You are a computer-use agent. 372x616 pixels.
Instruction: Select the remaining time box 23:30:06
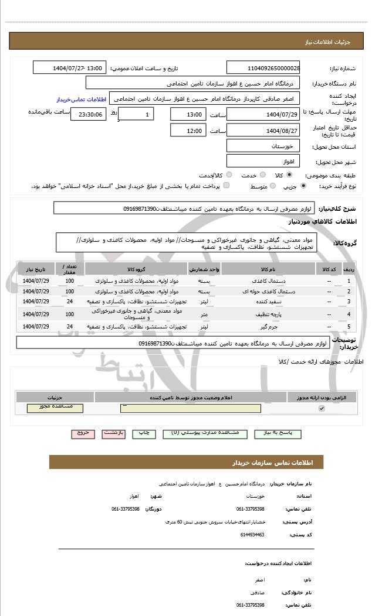pyautogui.click(x=88, y=114)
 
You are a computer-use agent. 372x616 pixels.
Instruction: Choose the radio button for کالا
pyautogui.click(x=289, y=174)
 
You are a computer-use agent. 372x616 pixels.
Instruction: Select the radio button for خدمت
pyautogui.click(x=262, y=174)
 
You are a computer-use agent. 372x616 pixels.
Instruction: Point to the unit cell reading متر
pyautogui.click(x=204, y=314)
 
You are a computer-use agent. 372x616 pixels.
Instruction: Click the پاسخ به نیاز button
pyautogui.click(x=279, y=433)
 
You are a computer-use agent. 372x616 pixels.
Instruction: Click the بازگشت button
pyautogui.click(x=113, y=433)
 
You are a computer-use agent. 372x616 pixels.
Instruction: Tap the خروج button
pyautogui.click(x=83, y=433)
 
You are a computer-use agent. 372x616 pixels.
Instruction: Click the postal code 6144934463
pyautogui.click(x=252, y=535)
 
